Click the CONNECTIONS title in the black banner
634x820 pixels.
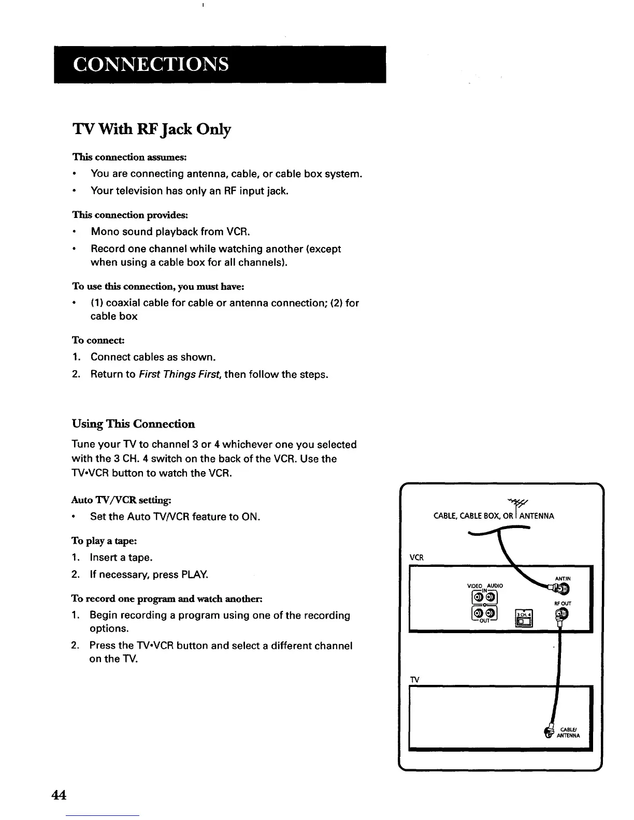click(151, 64)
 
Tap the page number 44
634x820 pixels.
click(59, 795)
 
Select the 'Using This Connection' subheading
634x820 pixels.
click(133, 424)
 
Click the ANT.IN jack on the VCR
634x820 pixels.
click(563, 589)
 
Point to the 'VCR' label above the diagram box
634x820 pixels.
click(416, 558)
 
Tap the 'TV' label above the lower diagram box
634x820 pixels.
click(414, 679)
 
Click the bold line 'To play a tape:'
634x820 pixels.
click(104, 541)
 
